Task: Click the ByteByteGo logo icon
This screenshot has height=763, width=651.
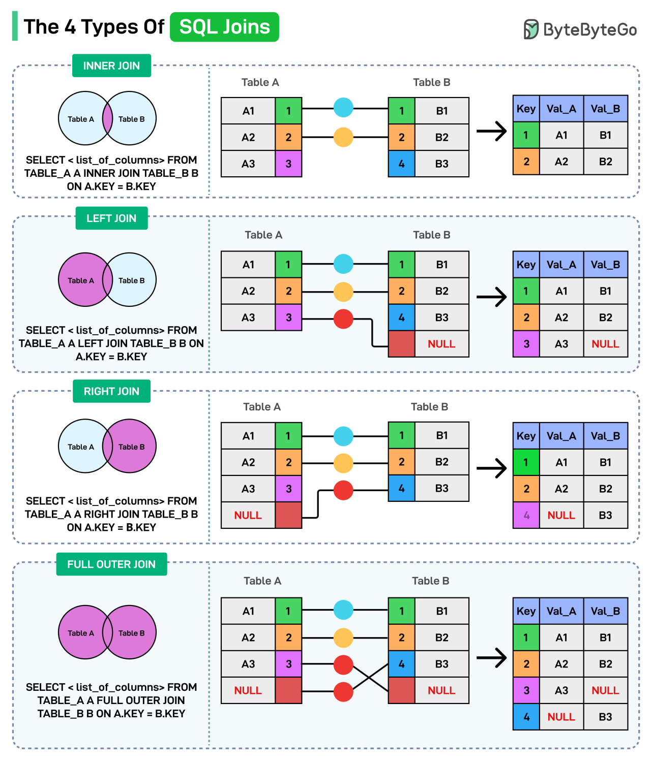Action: [530, 29]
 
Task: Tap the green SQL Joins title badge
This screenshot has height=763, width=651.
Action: [224, 27]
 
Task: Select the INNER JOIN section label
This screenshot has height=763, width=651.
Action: [111, 66]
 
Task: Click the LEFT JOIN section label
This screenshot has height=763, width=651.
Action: [111, 218]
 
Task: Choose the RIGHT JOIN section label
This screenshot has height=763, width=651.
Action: [111, 391]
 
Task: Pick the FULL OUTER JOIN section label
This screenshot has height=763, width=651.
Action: [111, 564]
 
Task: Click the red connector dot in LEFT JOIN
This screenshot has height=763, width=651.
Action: [343, 319]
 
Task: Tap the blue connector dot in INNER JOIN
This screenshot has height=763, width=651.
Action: [343, 108]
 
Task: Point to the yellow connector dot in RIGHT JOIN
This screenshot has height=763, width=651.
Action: [343, 463]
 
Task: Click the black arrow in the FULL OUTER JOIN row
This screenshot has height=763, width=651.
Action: [492, 658]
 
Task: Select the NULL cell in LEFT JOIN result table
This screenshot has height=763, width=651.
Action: [605, 344]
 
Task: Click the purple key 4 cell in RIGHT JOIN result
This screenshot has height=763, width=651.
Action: [526, 515]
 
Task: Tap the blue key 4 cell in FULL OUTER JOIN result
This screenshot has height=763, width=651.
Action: [526, 717]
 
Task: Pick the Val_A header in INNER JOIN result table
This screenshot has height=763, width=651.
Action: [561, 109]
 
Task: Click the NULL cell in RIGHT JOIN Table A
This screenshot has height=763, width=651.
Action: [248, 515]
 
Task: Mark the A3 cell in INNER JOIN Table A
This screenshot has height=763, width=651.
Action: [248, 164]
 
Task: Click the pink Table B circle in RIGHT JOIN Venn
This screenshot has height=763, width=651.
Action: [133, 446]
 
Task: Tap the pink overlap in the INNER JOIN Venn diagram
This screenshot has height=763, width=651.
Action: [107, 118]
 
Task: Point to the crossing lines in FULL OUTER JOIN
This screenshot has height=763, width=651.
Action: [371, 677]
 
